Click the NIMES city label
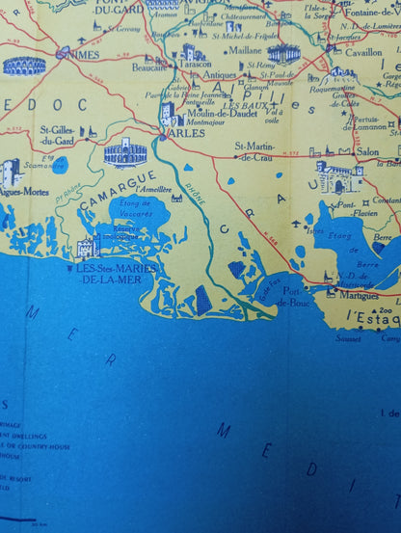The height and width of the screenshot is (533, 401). (x=80, y=54)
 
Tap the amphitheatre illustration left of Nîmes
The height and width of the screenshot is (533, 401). (x=24, y=66)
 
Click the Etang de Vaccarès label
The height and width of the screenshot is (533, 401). (x=134, y=209)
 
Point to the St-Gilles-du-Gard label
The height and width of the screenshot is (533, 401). (x=59, y=135)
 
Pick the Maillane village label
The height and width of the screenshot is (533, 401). (x=245, y=49)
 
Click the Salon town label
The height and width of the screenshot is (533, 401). (x=367, y=151)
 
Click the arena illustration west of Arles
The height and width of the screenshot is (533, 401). (x=125, y=152)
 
